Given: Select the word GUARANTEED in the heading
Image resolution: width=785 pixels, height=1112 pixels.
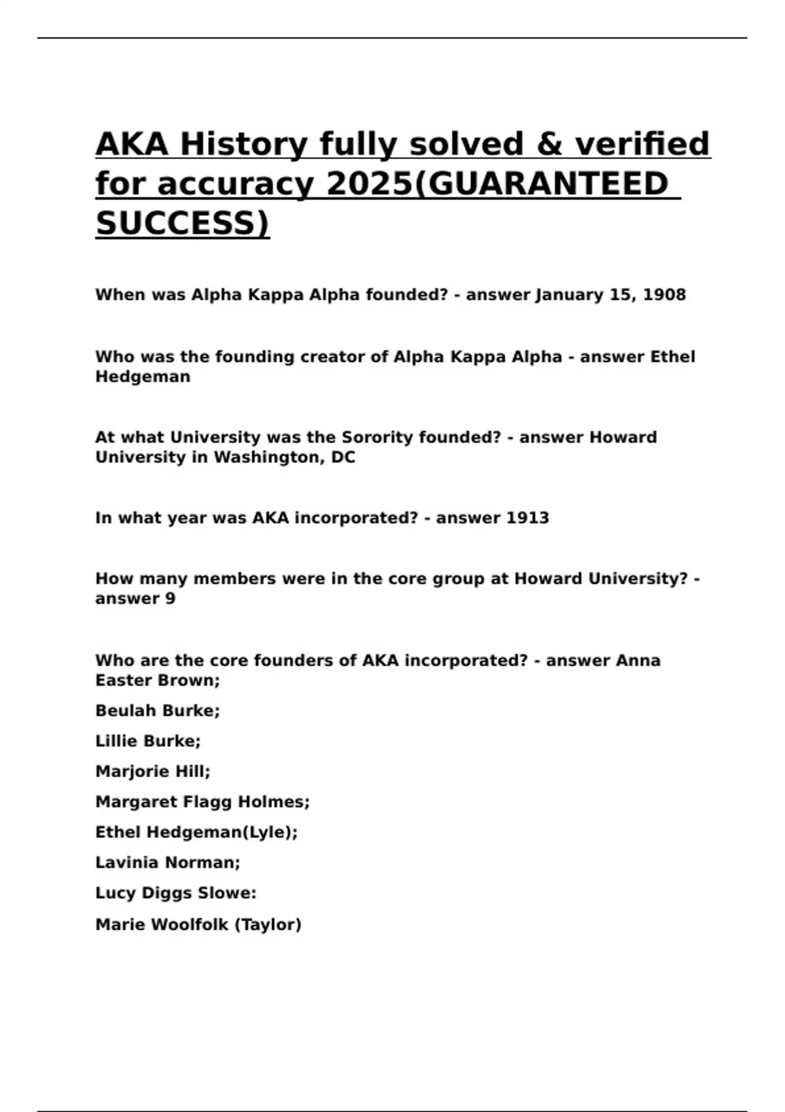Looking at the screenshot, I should click(x=549, y=184).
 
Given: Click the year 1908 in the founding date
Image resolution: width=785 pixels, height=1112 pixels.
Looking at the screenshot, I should click(x=665, y=295).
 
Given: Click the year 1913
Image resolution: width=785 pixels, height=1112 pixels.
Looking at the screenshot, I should click(x=527, y=518).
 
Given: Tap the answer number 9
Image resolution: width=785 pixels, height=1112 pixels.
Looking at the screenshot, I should click(x=170, y=599).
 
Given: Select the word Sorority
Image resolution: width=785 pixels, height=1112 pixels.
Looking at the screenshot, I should click(x=376, y=437).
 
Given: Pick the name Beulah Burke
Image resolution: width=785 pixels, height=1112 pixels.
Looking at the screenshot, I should click(x=157, y=710).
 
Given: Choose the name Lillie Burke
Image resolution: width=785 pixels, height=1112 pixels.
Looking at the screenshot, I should click(x=148, y=741).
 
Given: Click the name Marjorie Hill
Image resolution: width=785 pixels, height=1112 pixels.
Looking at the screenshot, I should click(x=152, y=772).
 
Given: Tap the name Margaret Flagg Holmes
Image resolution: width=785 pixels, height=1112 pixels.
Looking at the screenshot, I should click(x=202, y=802).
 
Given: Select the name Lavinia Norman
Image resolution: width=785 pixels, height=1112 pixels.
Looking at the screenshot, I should click(x=167, y=863).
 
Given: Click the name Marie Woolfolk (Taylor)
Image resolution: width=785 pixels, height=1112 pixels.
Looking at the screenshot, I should click(x=198, y=924).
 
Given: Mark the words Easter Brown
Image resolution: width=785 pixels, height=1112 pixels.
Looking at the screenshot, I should click(x=157, y=680).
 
